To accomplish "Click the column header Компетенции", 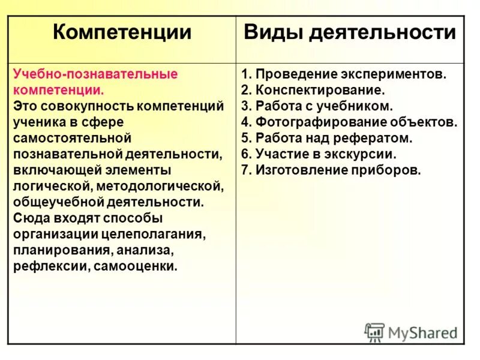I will pos(122,32).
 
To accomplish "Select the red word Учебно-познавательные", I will pos(95,74).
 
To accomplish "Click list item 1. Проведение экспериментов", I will pos(344,74).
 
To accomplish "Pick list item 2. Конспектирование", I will pos(312,91).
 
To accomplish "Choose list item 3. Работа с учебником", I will pos(317,106).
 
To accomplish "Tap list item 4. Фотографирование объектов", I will pos(349,122).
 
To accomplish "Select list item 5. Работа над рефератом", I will pos(327,138).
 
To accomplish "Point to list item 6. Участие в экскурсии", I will pos(319,154).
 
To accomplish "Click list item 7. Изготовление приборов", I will pos(331,170).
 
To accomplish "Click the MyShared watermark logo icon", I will pos(374,332).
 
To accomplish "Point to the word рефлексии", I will pos(50,266).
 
